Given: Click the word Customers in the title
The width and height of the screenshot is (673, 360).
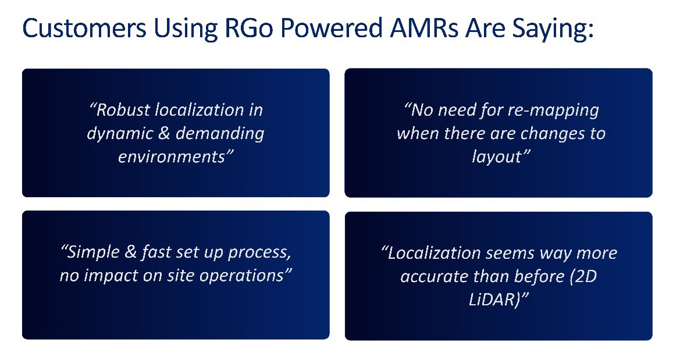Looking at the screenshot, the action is pyautogui.click(x=84, y=28).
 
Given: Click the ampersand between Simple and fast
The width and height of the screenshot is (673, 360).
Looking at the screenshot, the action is pyautogui.click(x=130, y=252).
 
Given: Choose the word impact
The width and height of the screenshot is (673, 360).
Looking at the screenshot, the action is pyautogui.click(x=111, y=276).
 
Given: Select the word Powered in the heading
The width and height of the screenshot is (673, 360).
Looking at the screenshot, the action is pyautogui.click(x=332, y=28).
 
